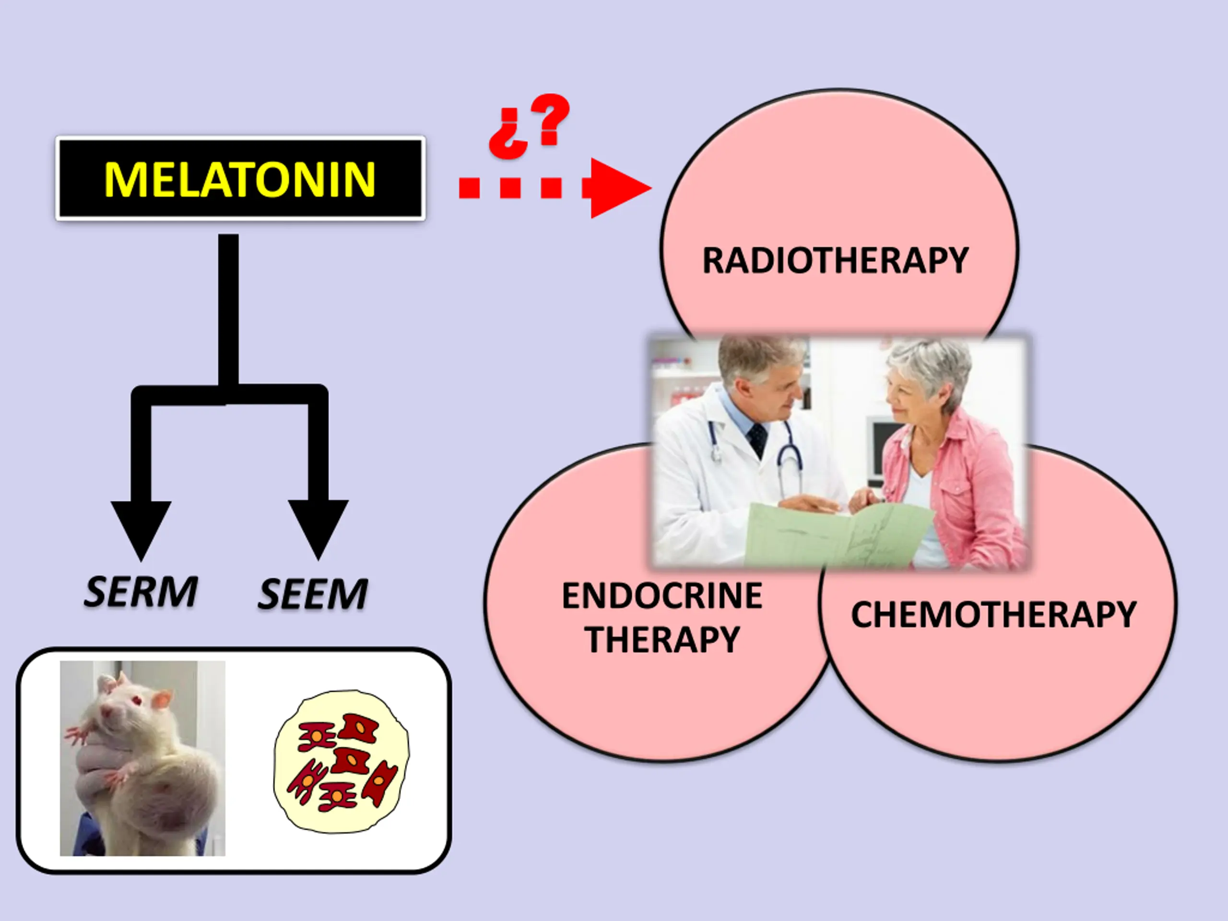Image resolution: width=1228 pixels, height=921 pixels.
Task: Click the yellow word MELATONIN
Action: click(x=240, y=179)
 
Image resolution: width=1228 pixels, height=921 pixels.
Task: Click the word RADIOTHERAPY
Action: click(x=836, y=260)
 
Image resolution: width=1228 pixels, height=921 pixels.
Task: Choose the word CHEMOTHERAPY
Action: click(x=994, y=614)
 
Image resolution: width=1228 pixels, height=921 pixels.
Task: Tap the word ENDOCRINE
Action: click(x=662, y=596)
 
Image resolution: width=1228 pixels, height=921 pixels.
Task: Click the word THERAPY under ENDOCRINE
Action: click(x=662, y=639)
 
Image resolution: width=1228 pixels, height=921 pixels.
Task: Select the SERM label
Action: click(x=141, y=592)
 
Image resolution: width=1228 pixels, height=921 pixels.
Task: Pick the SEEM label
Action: click(x=313, y=594)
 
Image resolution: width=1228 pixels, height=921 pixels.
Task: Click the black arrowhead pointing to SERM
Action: click(x=141, y=527)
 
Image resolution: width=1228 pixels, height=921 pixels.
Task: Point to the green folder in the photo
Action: click(x=833, y=536)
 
